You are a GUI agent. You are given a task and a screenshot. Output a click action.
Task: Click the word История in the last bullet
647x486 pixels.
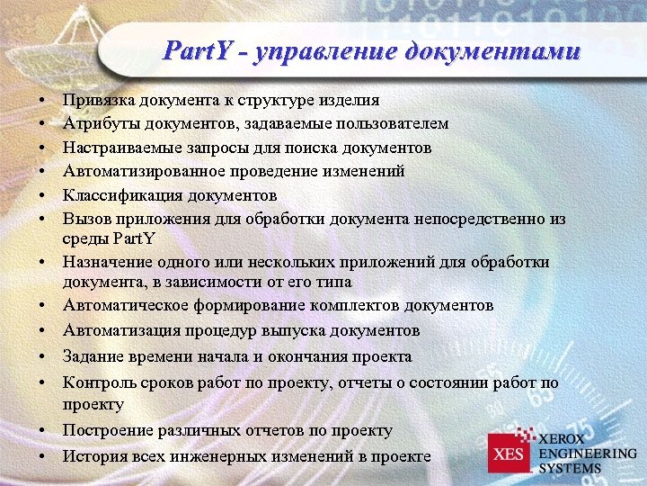click(92, 456)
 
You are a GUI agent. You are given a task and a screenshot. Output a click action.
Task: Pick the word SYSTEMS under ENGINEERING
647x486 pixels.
click(571, 468)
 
